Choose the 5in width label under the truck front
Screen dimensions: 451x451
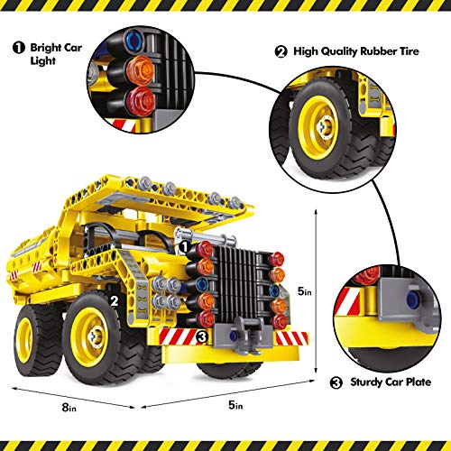pos(236,405)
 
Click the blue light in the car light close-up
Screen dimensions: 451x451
pos(136,40)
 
